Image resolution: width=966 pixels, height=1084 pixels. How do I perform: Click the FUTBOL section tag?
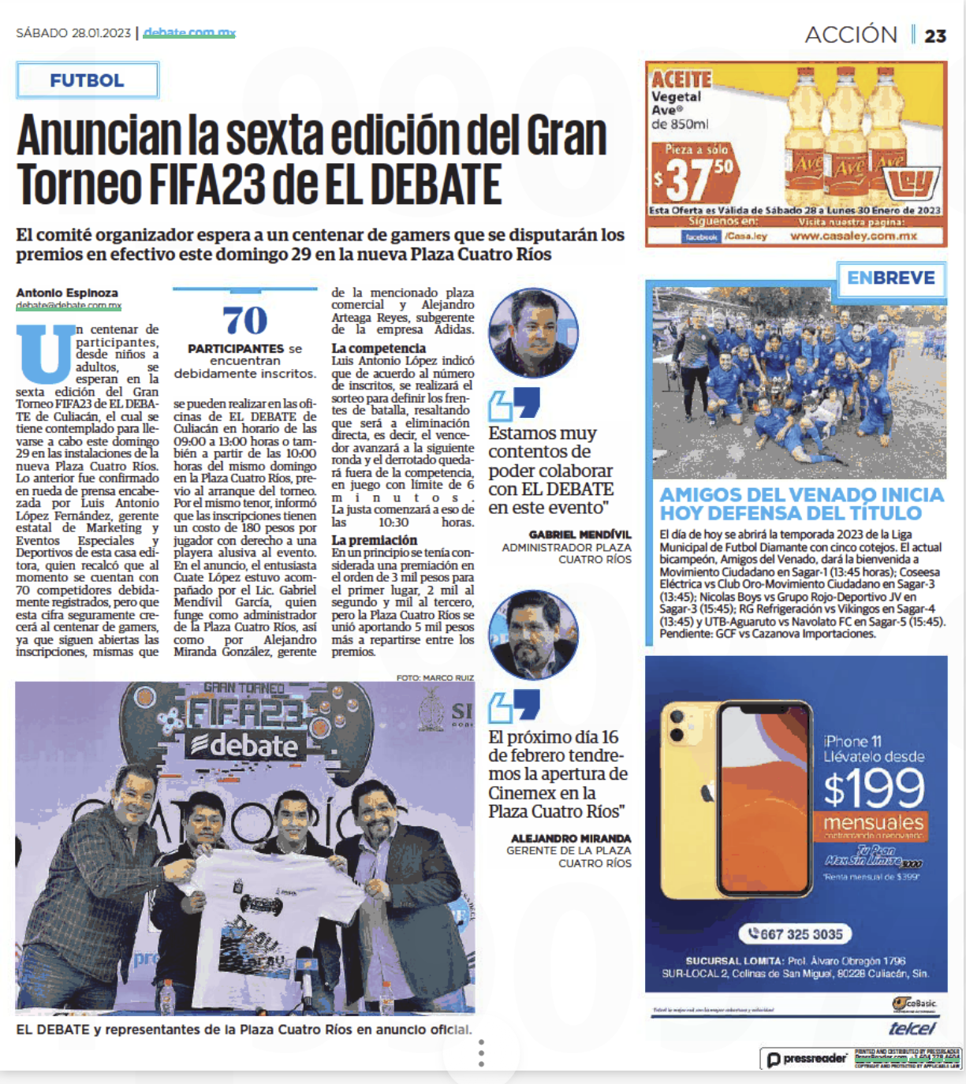click(87, 80)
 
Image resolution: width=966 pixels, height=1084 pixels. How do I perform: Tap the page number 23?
click(935, 36)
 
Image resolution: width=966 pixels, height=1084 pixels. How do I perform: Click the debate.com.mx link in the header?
click(190, 33)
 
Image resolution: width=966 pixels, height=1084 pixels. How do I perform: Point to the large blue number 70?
click(245, 320)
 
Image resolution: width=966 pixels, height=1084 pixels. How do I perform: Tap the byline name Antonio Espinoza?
click(67, 292)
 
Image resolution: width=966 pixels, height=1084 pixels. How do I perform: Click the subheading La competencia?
click(379, 348)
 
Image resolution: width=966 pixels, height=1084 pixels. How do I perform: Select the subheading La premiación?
click(375, 540)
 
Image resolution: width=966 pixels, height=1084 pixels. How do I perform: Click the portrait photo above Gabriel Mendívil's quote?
click(533, 333)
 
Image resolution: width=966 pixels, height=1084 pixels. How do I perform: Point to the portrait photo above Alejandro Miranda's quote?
click(533, 635)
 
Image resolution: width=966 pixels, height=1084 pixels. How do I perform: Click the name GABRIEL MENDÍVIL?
click(580, 535)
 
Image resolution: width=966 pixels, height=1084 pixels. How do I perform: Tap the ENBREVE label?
click(891, 278)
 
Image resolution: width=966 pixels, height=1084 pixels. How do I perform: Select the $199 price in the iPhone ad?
click(874, 787)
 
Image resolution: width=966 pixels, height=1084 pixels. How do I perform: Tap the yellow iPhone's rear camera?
click(677, 726)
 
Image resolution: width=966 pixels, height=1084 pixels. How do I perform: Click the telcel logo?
click(912, 1028)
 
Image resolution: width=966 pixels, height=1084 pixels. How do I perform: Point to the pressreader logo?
click(807, 1059)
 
